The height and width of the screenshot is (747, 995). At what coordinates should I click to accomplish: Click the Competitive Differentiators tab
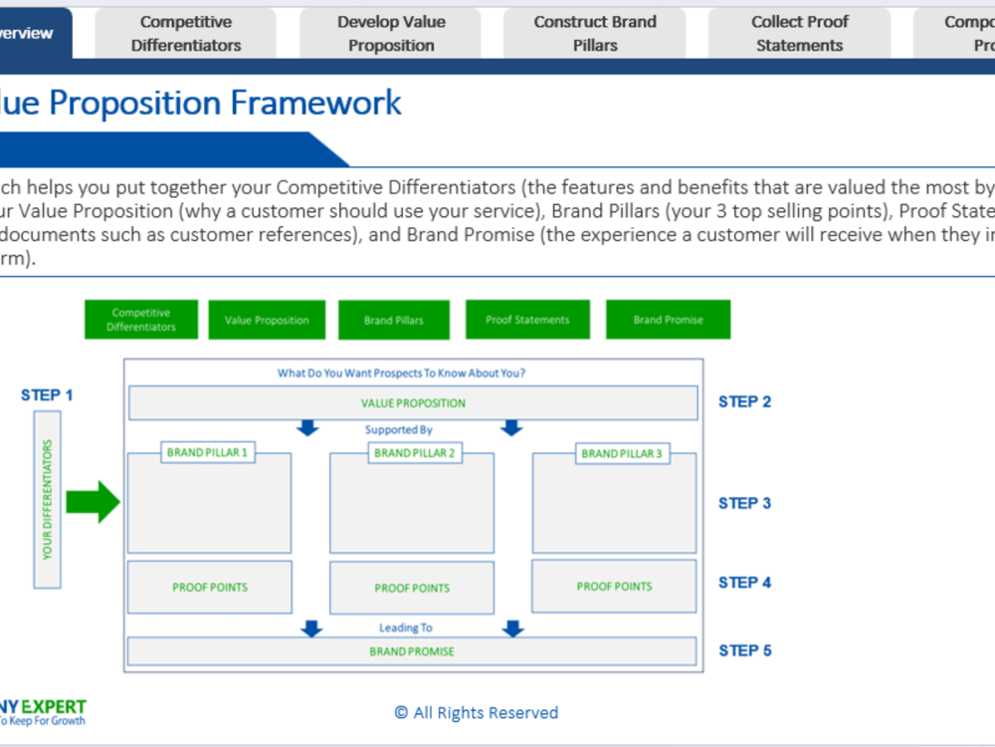pos(186,34)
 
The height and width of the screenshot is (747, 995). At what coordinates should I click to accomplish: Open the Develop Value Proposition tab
pos(391,34)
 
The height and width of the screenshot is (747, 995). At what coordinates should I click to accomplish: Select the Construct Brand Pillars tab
pos(595,34)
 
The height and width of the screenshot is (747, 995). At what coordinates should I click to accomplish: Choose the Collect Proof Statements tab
pos(799,34)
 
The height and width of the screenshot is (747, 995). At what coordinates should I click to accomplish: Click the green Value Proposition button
pos(267,320)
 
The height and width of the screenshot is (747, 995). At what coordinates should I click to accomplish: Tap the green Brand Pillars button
pos(394,320)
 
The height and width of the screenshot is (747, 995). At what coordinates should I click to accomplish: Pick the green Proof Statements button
pos(527,320)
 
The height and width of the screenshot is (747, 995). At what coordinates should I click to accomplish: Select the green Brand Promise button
pos(668,320)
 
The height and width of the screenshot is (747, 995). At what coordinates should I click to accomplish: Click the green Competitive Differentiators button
pos(141,320)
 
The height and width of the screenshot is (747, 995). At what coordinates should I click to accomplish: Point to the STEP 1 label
pos(47,395)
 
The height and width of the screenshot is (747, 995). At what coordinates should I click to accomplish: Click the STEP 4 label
pos(744,583)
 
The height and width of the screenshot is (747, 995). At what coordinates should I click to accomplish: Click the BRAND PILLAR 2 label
pos(414,453)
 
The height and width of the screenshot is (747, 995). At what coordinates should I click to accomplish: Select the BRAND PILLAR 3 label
pos(621,453)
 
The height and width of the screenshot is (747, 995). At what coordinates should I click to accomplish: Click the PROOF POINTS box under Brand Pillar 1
pos(210,588)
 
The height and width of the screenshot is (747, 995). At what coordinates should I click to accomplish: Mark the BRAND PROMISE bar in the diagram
pos(412,651)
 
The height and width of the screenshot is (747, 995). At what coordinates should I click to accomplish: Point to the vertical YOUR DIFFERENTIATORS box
pos(48,500)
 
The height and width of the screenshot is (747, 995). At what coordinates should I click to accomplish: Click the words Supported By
pos(398,430)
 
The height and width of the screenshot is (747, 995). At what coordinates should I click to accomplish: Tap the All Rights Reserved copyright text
pos(477,712)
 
